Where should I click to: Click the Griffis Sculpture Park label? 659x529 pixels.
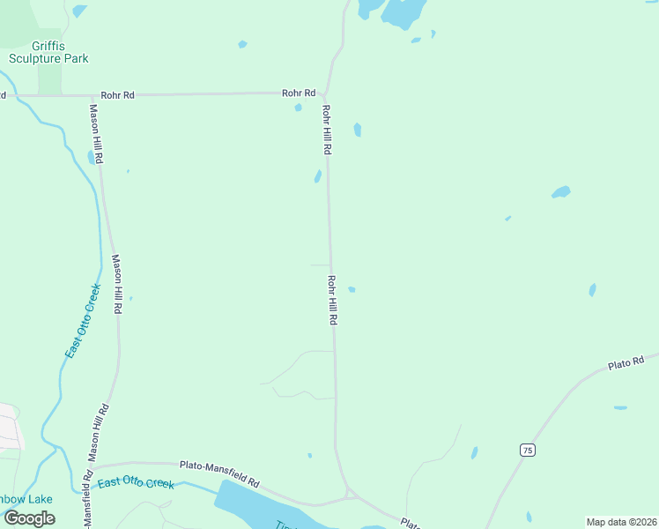coord(48,52)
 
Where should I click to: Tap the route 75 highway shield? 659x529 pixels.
coord(527,450)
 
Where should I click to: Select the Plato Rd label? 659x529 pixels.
coord(626,361)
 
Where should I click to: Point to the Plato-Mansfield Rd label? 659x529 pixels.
coord(219,473)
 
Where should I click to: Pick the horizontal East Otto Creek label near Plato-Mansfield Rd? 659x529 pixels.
coord(136,482)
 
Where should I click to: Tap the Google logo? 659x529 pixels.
coord(30,518)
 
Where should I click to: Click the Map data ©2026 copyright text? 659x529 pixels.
coord(621,522)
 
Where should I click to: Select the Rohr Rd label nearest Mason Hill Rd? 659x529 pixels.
coord(117,94)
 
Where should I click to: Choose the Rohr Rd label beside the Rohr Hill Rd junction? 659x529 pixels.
coord(299,93)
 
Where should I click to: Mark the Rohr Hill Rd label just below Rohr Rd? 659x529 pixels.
coord(326,130)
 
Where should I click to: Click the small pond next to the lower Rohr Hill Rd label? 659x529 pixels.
coord(352,289)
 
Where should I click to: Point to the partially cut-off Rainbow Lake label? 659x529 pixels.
coord(26,499)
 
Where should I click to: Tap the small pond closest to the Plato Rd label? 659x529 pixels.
coord(620,407)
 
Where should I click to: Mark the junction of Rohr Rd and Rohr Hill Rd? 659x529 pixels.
coord(324,93)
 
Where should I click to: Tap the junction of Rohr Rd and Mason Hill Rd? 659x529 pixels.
coord(92,95)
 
